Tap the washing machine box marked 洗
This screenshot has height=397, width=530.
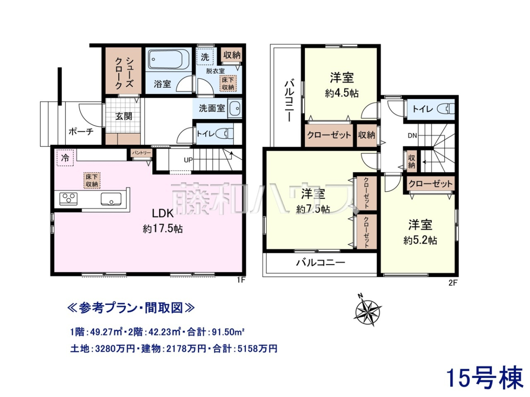click(205, 57)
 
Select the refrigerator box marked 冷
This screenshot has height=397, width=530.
click(65, 157)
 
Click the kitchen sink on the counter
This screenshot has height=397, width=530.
click(111, 199)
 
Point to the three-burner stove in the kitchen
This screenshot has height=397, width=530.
click(68, 199)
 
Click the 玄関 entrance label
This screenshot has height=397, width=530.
click(123, 116)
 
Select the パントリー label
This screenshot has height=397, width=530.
click(141, 153)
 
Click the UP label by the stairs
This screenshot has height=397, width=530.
click(188, 160)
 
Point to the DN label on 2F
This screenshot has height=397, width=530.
click(412, 136)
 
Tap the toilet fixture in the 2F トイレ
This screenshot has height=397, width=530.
click(447, 109)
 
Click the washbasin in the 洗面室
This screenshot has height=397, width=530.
click(235, 108)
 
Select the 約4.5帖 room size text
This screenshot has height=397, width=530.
click(342, 93)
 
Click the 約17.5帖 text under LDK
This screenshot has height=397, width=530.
click(163, 229)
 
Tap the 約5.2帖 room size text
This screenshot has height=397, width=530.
click(420, 240)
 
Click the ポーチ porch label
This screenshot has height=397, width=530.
click(81, 131)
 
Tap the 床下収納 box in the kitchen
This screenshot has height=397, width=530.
click(91, 180)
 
